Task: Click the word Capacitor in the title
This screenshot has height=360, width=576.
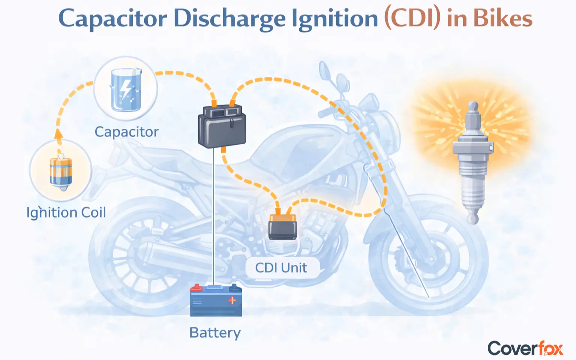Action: click(112, 19)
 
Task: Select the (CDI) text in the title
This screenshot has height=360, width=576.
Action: click(412, 19)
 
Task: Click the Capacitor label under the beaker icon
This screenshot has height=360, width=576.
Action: click(126, 132)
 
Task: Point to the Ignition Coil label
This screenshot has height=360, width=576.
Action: click(66, 213)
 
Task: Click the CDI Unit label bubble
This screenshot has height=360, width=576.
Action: click(281, 268)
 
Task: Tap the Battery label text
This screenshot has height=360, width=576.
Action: click(215, 333)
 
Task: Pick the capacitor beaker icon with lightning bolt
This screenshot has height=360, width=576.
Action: click(126, 90)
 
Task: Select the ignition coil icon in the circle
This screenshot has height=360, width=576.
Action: click(61, 172)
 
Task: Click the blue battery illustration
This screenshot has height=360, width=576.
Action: click(216, 300)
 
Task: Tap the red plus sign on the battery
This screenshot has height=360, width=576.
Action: click(232, 300)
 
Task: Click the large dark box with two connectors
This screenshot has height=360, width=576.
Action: click(222, 126)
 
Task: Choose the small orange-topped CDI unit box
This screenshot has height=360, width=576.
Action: click(283, 226)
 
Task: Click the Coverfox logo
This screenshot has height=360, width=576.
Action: click(525, 348)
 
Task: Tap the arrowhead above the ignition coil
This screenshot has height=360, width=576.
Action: click(58, 134)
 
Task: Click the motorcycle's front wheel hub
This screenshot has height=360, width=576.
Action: click(431, 259)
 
